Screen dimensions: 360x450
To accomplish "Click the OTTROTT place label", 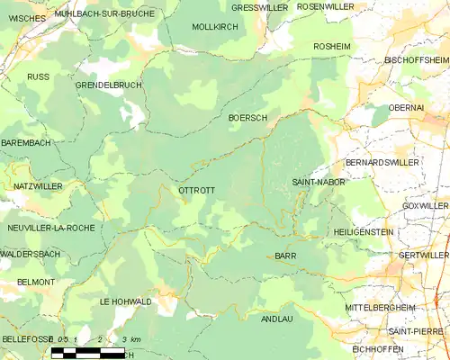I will coord(196,191).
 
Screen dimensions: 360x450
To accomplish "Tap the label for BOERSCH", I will coord(248,118).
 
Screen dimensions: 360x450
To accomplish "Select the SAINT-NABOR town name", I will coord(314,183).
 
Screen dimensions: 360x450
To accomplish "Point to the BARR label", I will coord(285,256).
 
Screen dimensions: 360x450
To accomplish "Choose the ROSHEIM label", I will coord(331,46).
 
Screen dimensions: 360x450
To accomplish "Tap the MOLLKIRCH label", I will coord(214,27).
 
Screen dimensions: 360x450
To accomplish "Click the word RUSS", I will coord(38,77).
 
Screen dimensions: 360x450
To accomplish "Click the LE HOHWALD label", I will coord(125,301).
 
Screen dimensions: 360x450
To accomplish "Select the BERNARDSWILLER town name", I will coord(382,163).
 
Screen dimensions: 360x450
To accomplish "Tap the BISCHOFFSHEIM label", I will coord(409,59).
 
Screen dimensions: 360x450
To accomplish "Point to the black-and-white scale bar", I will coord(87,352).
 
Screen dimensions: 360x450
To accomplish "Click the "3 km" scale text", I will coord(130,339).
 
